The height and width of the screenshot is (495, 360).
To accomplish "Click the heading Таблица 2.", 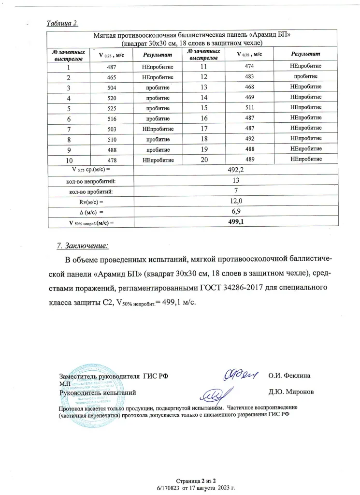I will click(x=61, y=24).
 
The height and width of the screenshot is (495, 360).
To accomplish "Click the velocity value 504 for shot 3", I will click(x=111, y=88).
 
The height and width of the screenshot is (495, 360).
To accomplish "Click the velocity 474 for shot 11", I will click(x=249, y=67).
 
